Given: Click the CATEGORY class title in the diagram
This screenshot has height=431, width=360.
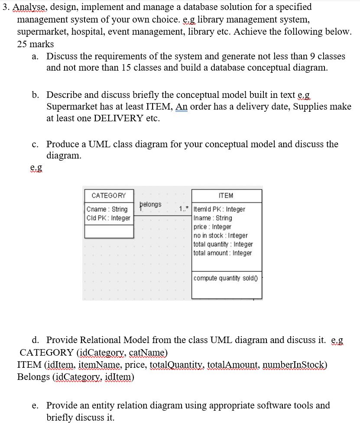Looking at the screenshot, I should pyautogui.click(x=108, y=196).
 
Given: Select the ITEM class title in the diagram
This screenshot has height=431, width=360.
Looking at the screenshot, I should pyautogui.click(x=227, y=196).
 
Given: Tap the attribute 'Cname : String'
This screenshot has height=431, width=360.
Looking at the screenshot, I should pyautogui.click(x=107, y=209).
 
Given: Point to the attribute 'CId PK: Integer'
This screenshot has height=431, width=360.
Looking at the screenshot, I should pyautogui.click(x=108, y=218).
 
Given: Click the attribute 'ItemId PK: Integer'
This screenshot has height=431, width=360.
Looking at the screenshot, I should pyautogui.click(x=220, y=209).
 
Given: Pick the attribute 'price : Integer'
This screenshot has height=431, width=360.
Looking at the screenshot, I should pyautogui.click(x=212, y=227).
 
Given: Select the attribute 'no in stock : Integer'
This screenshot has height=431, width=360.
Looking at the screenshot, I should pyautogui.click(x=221, y=236).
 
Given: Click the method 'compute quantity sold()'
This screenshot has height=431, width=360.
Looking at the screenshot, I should pyautogui.click(x=225, y=278).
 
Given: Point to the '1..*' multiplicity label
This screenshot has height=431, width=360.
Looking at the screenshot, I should pyautogui.click(x=183, y=209).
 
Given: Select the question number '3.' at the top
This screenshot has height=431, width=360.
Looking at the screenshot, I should pyautogui.click(x=5, y=7).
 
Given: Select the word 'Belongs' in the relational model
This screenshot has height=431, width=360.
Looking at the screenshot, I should pyautogui.click(x=33, y=377).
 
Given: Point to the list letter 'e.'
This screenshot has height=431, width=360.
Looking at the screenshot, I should pyautogui.click(x=36, y=405).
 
